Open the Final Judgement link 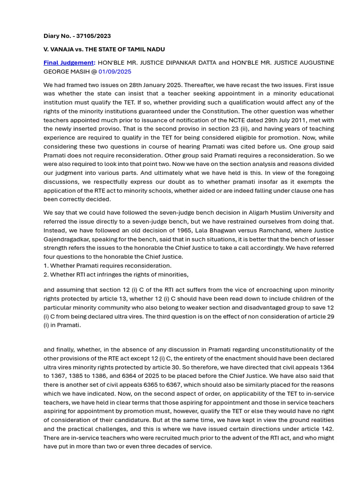pos(69,63)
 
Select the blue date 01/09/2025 pos(115,72)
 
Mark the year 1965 pos(159,230)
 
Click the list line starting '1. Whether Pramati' pos(107,266)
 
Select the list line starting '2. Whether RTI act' pos(116,274)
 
